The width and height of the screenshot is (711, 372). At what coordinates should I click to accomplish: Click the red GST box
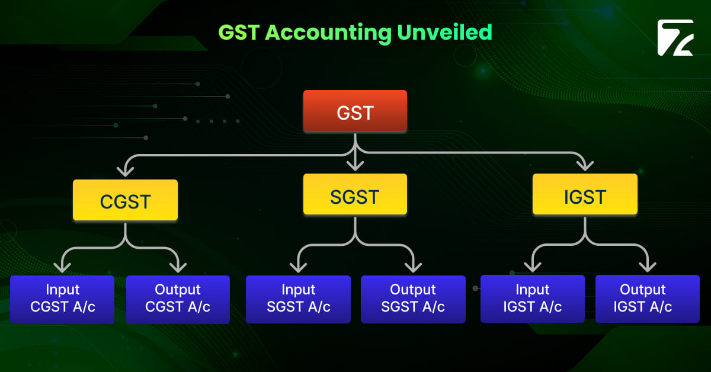coord(355,111)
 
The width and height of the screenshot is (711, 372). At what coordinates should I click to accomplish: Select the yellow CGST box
coord(125,200)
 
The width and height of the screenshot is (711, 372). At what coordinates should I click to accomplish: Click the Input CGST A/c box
coord(62,299)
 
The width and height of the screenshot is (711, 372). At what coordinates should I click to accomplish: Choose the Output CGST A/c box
coord(178,299)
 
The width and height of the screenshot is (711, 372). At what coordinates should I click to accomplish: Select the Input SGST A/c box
coord(298,299)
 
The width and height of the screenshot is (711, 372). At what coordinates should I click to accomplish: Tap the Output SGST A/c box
coord(413,299)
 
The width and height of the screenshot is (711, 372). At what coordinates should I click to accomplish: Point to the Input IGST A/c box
coord(532,299)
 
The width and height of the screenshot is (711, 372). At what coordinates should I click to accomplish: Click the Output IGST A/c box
coord(647,299)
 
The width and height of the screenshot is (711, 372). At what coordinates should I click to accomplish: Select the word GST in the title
coord(239,33)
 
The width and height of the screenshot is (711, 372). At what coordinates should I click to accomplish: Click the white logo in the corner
coord(675,38)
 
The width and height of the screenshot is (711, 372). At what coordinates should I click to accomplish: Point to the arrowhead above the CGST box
coord(125,171)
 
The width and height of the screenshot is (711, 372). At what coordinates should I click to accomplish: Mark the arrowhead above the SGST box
coord(355,164)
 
